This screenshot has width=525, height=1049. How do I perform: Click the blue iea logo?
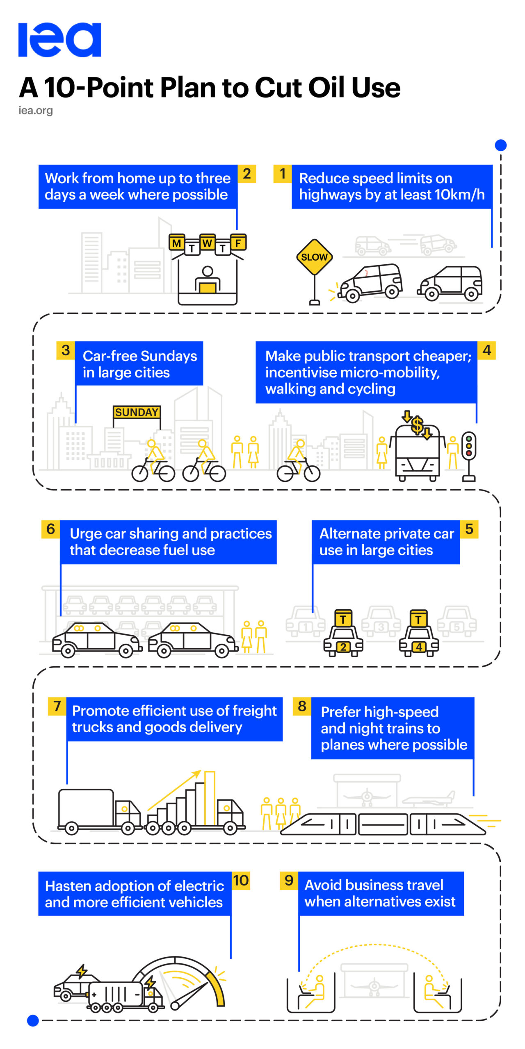click(59, 40)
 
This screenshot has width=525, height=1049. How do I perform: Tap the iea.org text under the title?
click(36, 110)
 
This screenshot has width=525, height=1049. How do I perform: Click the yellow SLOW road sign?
click(314, 257)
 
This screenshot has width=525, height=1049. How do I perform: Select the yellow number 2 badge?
click(247, 174)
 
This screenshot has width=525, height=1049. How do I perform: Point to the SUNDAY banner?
click(137, 412)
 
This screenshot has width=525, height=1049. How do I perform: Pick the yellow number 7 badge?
click(57, 706)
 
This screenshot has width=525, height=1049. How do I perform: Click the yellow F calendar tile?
click(238, 243)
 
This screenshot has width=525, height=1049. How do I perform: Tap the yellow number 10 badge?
click(241, 880)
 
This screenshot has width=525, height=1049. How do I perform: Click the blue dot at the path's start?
click(500, 145)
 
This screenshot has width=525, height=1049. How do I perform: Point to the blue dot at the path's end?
click(33, 1020)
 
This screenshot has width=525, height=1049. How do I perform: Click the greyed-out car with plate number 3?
click(381, 622)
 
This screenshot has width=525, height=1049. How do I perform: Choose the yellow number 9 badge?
click(289, 880)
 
